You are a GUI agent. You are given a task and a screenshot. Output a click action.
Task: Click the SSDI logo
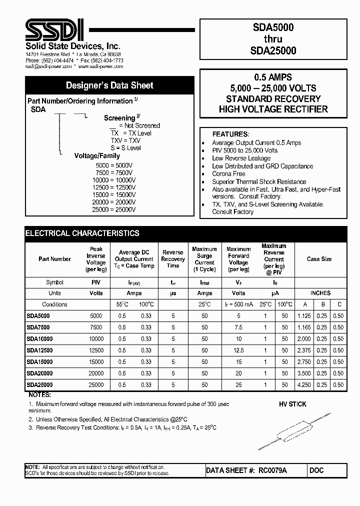(x=53, y=30)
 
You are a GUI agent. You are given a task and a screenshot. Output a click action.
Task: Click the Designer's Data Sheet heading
(x=109, y=85)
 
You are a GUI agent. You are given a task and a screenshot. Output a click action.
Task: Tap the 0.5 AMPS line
(x=273, y=77)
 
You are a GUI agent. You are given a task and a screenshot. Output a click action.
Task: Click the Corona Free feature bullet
(x=228, y=174)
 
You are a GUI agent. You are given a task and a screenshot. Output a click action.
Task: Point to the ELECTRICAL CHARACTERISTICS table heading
(x=82, y=233)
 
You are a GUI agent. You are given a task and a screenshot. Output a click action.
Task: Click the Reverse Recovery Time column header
(x=173, y=259)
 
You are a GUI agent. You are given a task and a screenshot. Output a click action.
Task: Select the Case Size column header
(x=319, y=259)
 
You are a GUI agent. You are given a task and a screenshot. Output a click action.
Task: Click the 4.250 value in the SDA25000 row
(x=303, y=385)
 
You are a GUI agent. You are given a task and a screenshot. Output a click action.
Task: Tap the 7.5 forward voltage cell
(x=238, y=327)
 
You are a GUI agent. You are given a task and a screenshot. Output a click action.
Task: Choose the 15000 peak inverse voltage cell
(x=96, y=362)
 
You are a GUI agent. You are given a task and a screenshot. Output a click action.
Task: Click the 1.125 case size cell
(x=303, y=316)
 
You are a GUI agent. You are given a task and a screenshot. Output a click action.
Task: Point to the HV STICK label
(x=292, y=404)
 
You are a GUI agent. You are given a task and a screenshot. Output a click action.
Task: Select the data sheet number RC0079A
(x=272, y=470)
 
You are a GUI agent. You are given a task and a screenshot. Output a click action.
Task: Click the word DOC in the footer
(x=317, y=470)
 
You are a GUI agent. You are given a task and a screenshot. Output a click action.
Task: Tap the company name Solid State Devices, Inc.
(x=59, y=46)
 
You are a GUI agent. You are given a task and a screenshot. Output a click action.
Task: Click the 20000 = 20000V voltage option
(x=114, y=202)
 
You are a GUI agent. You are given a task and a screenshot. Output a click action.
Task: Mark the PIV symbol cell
(x=96, y=282)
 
